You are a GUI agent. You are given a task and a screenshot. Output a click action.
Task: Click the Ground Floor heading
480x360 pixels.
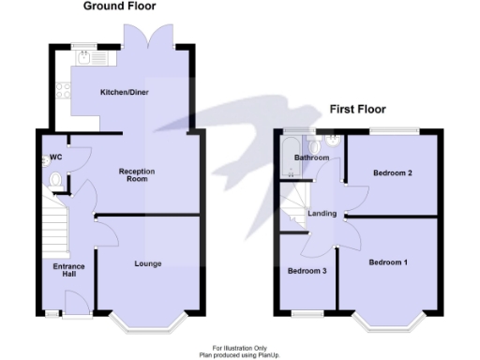[x=120, y=7]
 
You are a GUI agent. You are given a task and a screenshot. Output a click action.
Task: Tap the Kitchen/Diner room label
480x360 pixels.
[x=125, y=93]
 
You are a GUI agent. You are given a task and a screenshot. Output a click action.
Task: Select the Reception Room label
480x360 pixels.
[x=136, y=175]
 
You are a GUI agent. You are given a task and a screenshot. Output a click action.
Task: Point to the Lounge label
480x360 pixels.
[x=147, y=263]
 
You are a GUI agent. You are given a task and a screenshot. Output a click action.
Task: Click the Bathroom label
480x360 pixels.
[x=312, y=158]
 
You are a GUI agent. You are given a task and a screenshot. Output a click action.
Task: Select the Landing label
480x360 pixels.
[x=322, y=214]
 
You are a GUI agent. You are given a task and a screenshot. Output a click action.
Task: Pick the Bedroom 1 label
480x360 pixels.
[x=388, y=262]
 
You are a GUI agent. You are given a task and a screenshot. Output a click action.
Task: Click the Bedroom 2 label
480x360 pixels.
[x=393, y=173]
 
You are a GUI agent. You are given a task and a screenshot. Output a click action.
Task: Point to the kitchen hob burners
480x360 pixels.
[x=64, y=92]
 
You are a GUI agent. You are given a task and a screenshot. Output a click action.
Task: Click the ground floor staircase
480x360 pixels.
[x=52, y=230]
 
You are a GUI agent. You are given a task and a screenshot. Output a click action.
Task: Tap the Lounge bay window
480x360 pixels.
[x=147, y=322]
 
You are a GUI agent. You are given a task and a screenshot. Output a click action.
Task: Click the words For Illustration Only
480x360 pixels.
[x=240, y=348]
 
